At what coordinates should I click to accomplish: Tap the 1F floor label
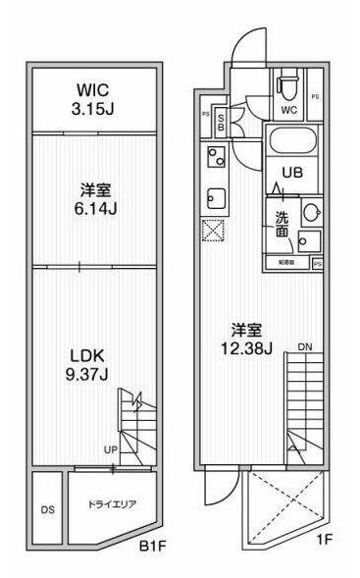(326, 541)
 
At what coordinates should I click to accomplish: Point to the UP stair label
(113, 449)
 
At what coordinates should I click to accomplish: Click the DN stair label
(305, 346)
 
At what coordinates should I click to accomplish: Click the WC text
(288, 111)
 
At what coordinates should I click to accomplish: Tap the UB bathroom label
(292, 173)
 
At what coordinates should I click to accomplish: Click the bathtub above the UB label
(292, 142)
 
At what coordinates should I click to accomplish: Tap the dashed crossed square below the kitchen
(214, 232)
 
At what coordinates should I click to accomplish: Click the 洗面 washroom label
(282, 225)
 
